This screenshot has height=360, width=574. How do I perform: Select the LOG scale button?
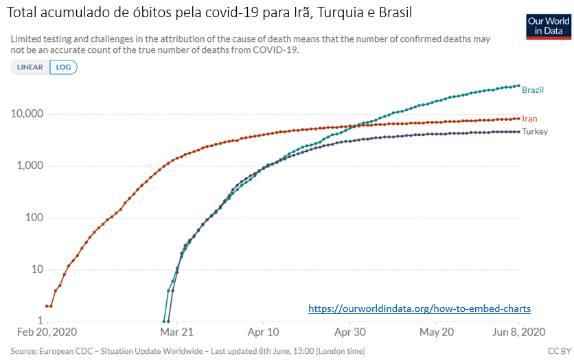pyautogui.click(x=63, y=67)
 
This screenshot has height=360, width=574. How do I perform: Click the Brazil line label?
pyautogui.click(x=533, y=90)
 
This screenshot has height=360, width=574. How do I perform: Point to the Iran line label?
pyautogui.click(x=529, y=119)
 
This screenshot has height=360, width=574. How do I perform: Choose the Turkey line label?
pyautogui.click(x=535, y=131)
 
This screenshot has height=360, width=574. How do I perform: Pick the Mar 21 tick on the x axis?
pyautogui.click(x=176, y=332)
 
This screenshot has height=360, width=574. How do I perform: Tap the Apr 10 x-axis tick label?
pyautogui.click(x=262, y=332)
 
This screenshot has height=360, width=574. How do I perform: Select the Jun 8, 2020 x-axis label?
pyautogui.click(x=519, y=332)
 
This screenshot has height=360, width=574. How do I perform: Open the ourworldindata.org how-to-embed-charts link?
pyautogui.click(x=420, y=309)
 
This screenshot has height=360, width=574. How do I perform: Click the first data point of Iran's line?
pyautogui.click(x=47, y=306)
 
